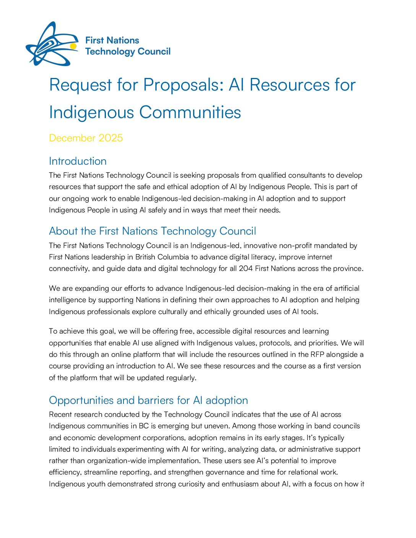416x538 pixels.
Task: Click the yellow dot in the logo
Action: click(x=73, y=46)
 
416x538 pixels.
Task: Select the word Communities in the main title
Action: click(x=190, y=112)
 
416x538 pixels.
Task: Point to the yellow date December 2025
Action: click(x=86, y=138)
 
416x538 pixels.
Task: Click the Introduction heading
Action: click(x=78, y=161)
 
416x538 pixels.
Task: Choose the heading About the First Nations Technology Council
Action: click(x=153, y=231)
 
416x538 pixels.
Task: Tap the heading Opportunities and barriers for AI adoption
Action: click(x=148, y=400)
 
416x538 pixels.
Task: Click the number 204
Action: click(x=246, y=269)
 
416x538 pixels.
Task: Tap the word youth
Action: click(x=96, y=484)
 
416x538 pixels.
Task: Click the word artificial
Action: click(x=346, y=288)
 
